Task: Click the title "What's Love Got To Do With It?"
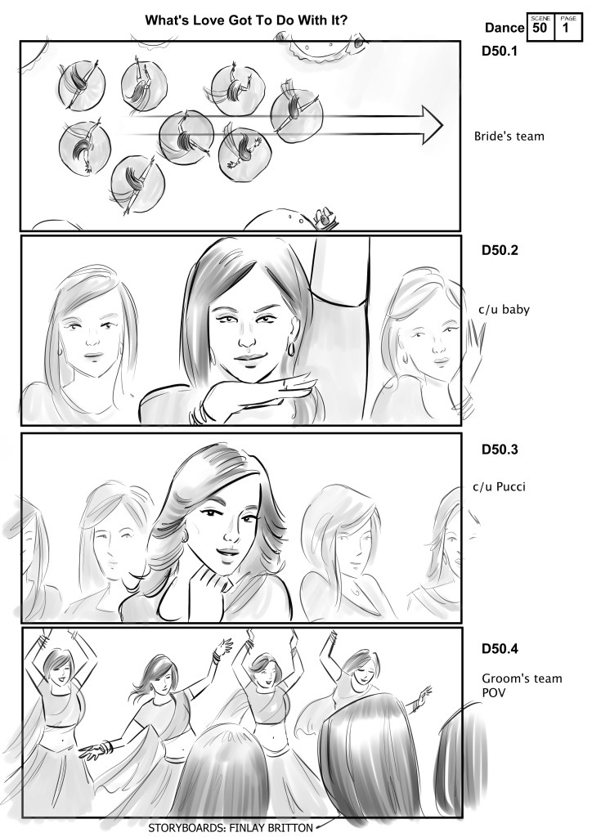click(x=247, y=20)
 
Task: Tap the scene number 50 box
click(x=540, y=27)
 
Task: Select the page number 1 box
click(x=567, y=27)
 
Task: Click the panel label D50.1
click(x=499, y=51)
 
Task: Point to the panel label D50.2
click(x=500, y=250)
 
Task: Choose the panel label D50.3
click(x=500, y=450)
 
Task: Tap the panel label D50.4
click(x=500, y=649)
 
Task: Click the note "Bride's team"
click(x=509, y=137)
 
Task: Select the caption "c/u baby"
click(x=505, y=310)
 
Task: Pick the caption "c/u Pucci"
click(x=500, y=487)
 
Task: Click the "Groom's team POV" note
click(x=522, y=686)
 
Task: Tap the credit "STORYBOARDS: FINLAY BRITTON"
click(x=231, y=828)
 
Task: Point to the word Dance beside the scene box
click(x=505, y=28)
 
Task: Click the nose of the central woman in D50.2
click(x=248, y=338)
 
